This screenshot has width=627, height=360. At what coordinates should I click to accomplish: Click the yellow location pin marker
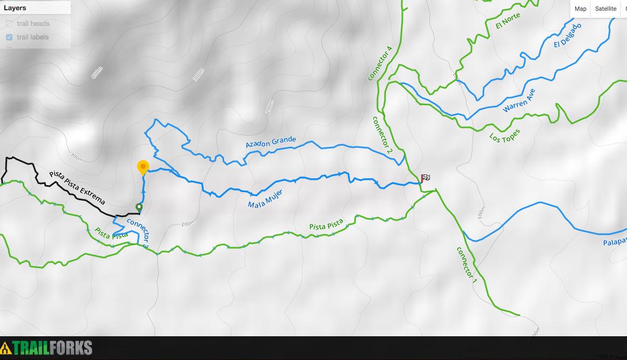click(x=143, y=167)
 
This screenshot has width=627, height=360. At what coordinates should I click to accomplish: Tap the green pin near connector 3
click(x=139, y=208)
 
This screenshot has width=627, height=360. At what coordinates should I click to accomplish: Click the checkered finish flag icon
click(x=426, y=178)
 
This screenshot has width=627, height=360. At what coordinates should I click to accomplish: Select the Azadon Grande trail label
click(x=271, y=142)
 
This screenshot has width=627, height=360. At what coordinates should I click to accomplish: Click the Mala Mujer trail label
click(x=265, y=199)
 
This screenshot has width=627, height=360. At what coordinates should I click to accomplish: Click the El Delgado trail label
click(x=568, y=36)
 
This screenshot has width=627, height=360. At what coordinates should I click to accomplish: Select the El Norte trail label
click(x=508, y=21)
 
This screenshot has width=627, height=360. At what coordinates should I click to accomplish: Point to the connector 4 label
click(x=380, y=64)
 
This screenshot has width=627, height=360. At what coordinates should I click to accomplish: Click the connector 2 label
click(x=382, y=135)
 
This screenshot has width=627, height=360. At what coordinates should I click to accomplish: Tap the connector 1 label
click(x=467, y=265)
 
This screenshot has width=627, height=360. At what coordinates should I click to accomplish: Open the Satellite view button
click(x=605, y=9)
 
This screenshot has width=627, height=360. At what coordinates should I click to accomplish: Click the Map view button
click(x=581, y=9)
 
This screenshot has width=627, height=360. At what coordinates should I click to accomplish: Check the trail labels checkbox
click(x=9, y=37)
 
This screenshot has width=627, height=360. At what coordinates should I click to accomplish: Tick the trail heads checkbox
click(x=9, y=24)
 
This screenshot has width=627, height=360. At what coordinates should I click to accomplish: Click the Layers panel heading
click(x=15, y=8)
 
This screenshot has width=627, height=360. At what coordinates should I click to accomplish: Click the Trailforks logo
click(x=46, y=348)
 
